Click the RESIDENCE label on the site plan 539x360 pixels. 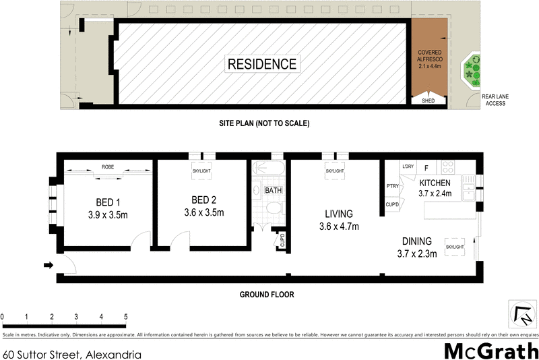coord(261,65)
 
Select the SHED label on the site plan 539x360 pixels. coord(429,101)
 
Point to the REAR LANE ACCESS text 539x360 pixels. coord(495,100)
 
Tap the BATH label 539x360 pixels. coord(273,191)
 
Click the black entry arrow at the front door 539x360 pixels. coord(48,265)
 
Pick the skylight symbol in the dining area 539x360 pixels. coord(455,247)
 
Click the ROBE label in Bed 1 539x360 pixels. coord(107,167)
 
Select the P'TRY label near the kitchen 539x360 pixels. coord(392,186)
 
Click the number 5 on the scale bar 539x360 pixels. coord(126,317)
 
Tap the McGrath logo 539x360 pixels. coord(491,351)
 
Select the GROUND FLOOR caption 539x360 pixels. coord(267,295)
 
